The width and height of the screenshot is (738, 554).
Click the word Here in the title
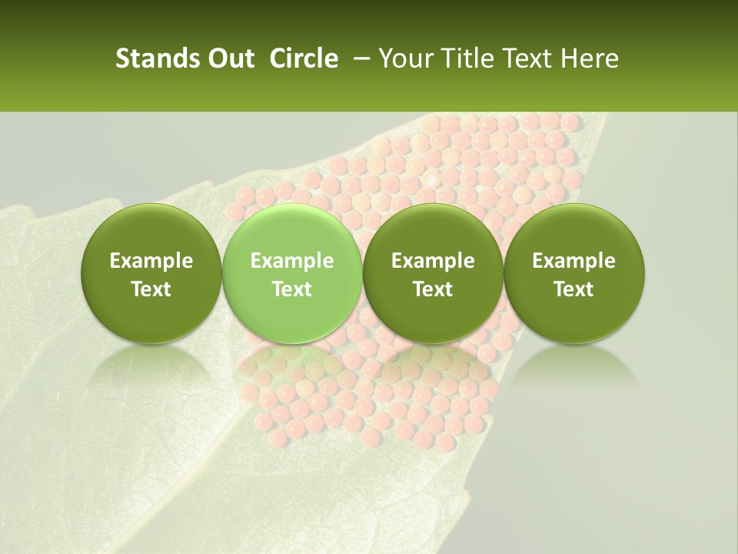click(590, 58)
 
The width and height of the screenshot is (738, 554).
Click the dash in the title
click(359, 58)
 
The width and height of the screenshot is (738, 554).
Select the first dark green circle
click(151, 272)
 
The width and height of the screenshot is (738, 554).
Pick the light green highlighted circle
click(291, 272)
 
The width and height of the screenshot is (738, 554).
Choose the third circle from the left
click(433, 272)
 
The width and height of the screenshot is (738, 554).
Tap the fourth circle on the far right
click(573, 272)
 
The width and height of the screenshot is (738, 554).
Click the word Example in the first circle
click(151, 261)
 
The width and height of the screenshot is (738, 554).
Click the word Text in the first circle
click(151, 289)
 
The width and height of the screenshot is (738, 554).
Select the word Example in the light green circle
click(291, 261)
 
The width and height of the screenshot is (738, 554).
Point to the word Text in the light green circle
click(291, 289)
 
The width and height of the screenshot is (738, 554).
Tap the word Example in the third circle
click(433, 261)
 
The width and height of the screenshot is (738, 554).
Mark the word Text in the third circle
click(433, 289)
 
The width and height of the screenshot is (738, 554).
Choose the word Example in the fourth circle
click(573, 261)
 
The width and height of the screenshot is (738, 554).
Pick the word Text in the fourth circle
click(573, 289)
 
